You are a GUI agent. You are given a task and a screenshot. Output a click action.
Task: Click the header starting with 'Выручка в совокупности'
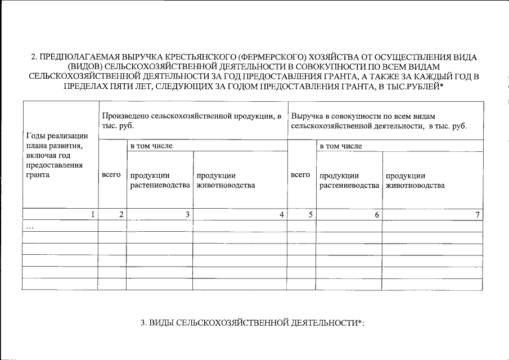tap(379, 120)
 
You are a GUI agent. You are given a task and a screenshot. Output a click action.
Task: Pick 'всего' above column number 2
tap(111, 175)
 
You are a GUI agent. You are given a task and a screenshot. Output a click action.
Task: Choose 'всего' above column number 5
tap(300, 175)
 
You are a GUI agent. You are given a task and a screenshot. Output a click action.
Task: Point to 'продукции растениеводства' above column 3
tap(160, 180)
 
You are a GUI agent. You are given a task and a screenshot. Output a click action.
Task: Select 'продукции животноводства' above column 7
tap(415, 180)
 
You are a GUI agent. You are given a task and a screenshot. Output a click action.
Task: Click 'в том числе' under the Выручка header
tap(341, 146)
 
